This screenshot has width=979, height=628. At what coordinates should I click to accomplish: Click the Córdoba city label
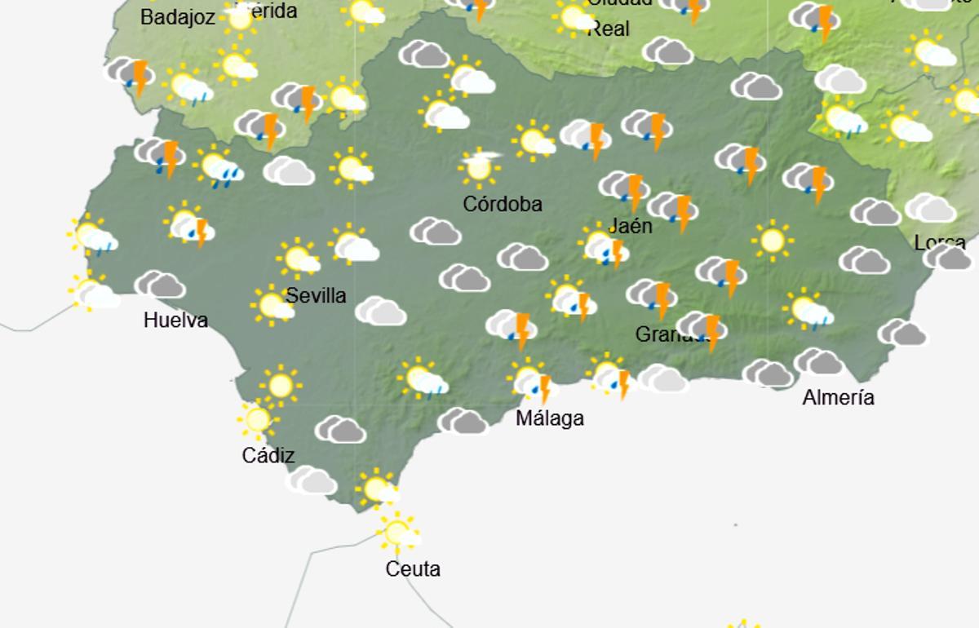[x=502, y=204]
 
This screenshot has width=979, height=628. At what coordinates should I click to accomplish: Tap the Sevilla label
[x=316, y=295]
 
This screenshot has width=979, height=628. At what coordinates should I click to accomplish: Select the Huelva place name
[x=175, y=321]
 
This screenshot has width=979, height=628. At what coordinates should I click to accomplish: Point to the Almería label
[x=838, y=398]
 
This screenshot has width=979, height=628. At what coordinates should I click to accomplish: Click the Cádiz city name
[x=268, y=455]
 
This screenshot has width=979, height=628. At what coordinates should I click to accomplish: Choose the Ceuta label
[x=413, y=569]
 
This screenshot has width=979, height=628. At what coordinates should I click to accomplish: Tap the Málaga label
[x=550, y=418]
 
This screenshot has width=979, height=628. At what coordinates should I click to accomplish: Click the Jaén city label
[x=631, y=226]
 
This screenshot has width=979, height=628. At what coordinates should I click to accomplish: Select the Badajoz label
[x=177, y=16]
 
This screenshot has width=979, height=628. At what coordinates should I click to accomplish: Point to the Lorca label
[x=940, y=242]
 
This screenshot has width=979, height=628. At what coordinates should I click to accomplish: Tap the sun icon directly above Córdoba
[x=479, y=167]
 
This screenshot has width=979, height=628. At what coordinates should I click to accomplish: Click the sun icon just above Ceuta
[x=398, y=532]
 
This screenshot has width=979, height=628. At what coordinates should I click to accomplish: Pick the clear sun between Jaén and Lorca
[x=772, y=241]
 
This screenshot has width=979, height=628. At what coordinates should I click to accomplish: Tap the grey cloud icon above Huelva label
[x=160, y=285]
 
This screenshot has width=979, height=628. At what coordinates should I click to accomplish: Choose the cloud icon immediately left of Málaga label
[x=463, y=421]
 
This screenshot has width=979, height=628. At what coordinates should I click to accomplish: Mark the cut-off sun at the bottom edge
[x=742, y=623]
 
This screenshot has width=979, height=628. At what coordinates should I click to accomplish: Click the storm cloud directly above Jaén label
[x=625, y=188]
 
